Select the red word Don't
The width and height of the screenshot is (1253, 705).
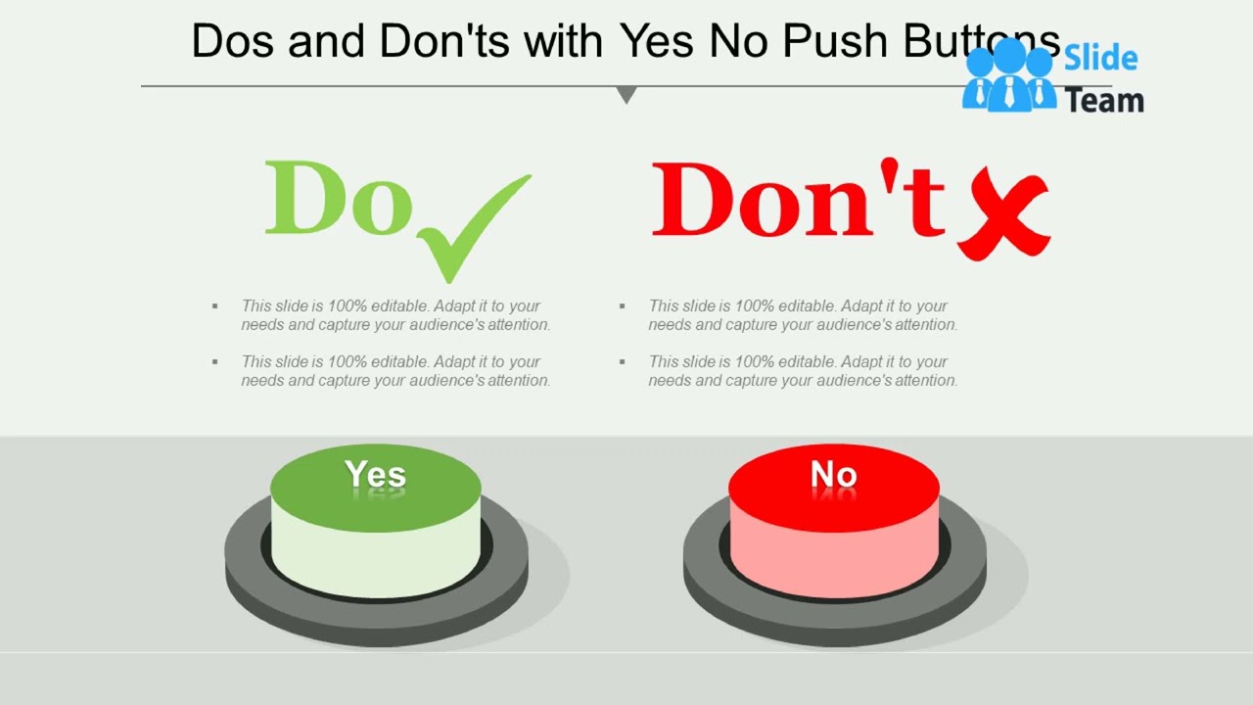click(798, 201)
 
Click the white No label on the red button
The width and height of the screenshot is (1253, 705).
click(834, 475)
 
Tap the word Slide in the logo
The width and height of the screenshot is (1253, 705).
click(1100, 59)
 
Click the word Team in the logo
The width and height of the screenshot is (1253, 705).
click(1104, 100)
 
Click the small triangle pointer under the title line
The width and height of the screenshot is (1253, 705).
click(626, 95)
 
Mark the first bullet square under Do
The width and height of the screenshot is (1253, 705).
click(215, 306)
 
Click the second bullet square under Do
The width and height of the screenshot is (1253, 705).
click(215, 362)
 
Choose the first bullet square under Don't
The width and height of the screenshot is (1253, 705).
click(623, 306)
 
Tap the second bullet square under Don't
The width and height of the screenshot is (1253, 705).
click(623, 362)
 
